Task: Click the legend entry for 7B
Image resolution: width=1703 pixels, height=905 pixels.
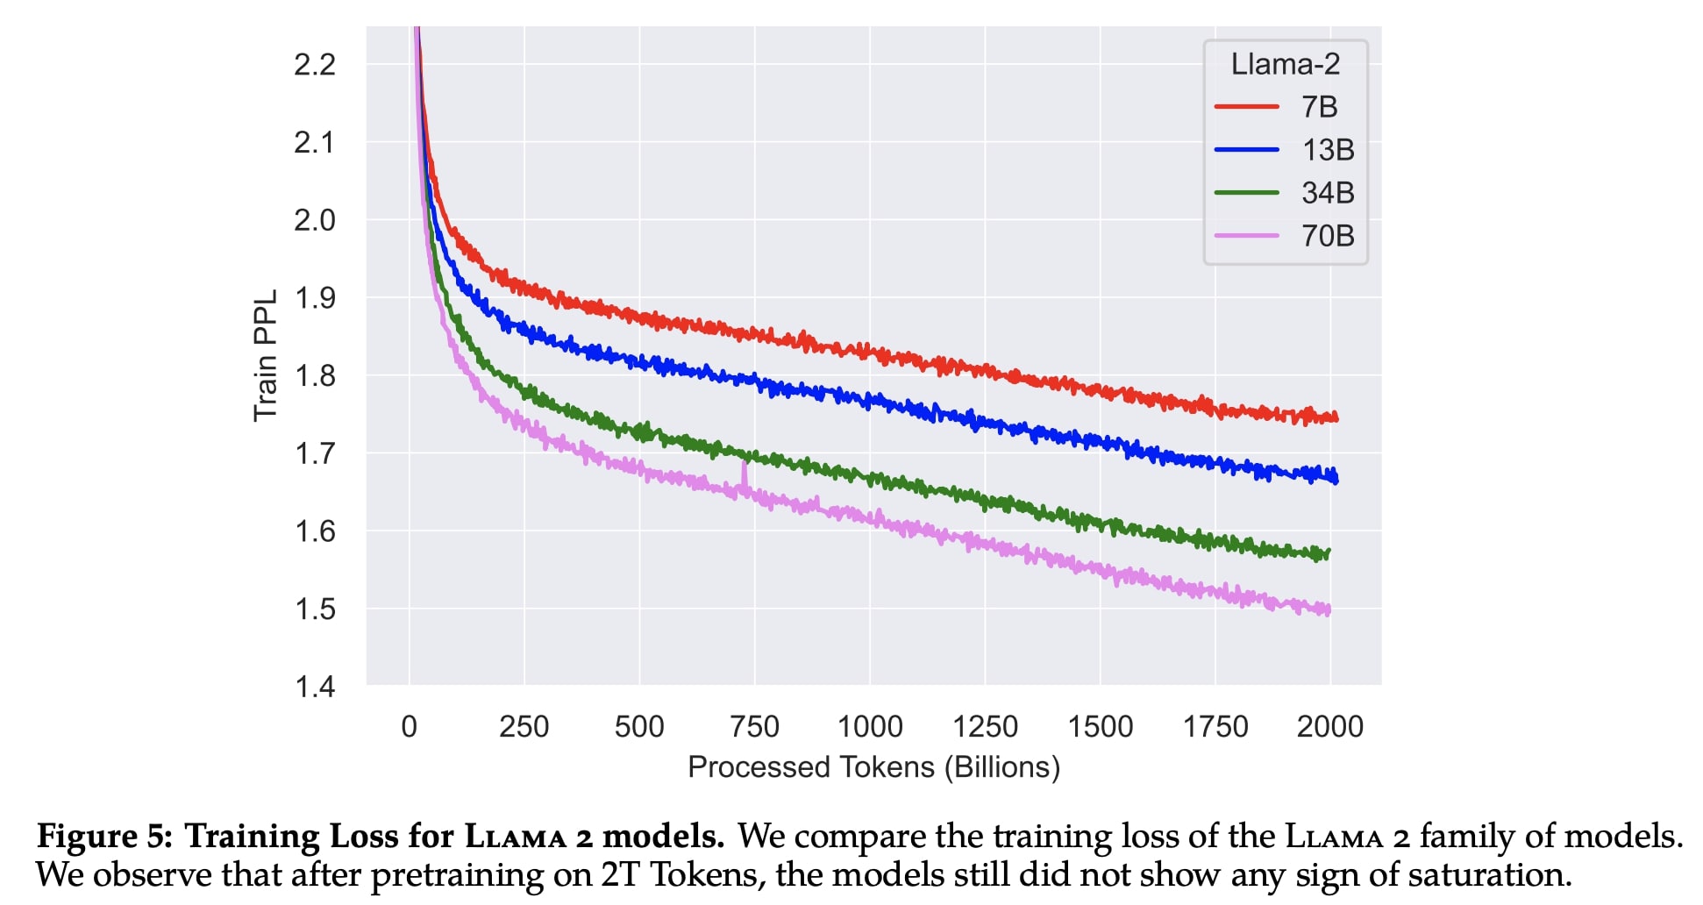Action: [1319, 107]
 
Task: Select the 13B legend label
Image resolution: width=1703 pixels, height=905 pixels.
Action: [1328, 150]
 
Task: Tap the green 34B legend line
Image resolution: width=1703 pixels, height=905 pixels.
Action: [1246, 192]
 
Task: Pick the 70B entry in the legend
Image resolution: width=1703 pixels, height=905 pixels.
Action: [1328, 236]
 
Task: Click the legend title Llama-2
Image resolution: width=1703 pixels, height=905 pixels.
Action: [1285, 64]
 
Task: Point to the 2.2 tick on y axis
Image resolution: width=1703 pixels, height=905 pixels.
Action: [314, 64]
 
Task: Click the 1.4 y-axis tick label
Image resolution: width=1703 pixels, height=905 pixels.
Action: [314, 687]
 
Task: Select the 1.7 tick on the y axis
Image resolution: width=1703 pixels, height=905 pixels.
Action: [314, 453]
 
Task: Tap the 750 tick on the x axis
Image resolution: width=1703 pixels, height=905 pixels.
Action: [754, 727]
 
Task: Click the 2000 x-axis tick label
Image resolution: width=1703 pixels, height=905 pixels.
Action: [1329, 727]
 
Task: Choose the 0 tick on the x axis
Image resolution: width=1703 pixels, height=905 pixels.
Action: [409, 727]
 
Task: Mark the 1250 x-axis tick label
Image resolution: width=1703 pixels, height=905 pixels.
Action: [985, 727]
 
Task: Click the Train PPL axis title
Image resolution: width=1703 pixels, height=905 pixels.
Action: [265, 355]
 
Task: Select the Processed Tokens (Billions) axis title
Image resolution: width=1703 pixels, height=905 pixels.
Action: [873, 767]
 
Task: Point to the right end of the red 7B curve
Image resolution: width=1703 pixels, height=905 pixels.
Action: [1336, 418]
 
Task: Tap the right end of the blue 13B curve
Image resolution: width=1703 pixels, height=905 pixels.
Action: [1336, 479]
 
